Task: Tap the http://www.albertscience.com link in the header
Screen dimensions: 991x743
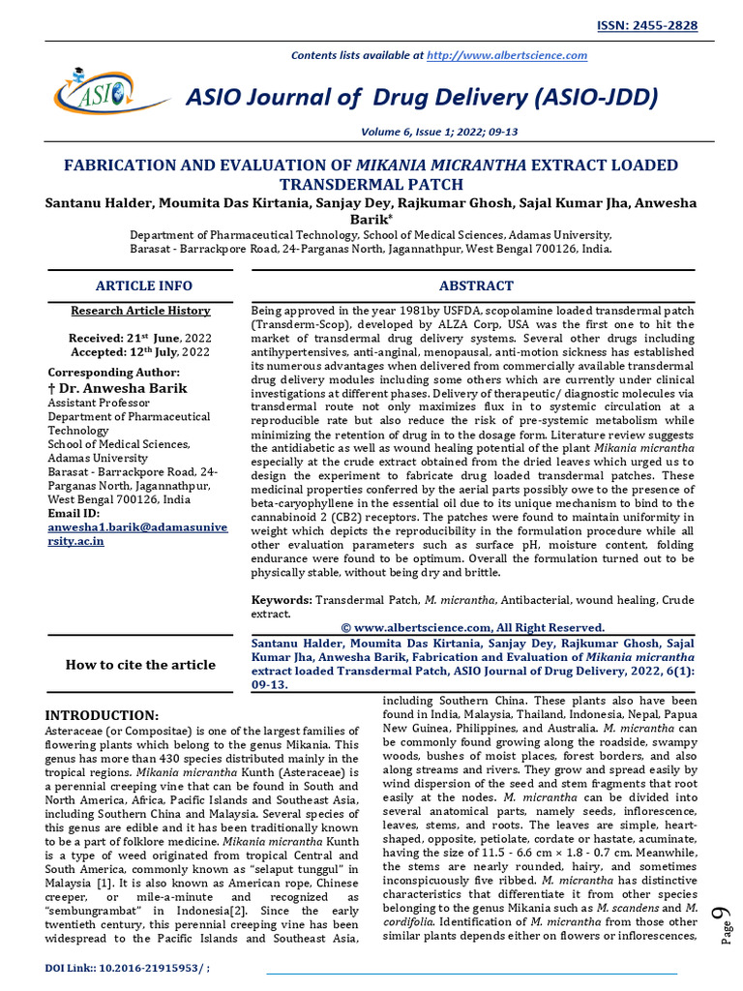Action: coord(507,55)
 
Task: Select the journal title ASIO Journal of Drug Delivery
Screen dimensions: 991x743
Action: coord(421,97)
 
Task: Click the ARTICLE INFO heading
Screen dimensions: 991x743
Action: coord(143,285)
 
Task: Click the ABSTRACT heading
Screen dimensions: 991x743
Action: coord(476,285)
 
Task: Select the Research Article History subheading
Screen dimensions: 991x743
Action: coord(140,311)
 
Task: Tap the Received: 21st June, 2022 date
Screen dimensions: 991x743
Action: coord(139,338)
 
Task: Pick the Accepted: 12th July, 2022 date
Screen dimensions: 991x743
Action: coord(139,352)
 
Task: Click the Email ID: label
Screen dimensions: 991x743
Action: coord(74,513)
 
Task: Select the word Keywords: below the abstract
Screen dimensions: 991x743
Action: coord(282,600)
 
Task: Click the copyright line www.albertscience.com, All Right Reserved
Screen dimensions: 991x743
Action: coord(473,627)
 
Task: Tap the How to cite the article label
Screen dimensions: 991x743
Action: coord(140,664)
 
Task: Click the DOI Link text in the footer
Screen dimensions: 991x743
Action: coord(129,969)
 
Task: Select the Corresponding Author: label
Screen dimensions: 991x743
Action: coord(113,373)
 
